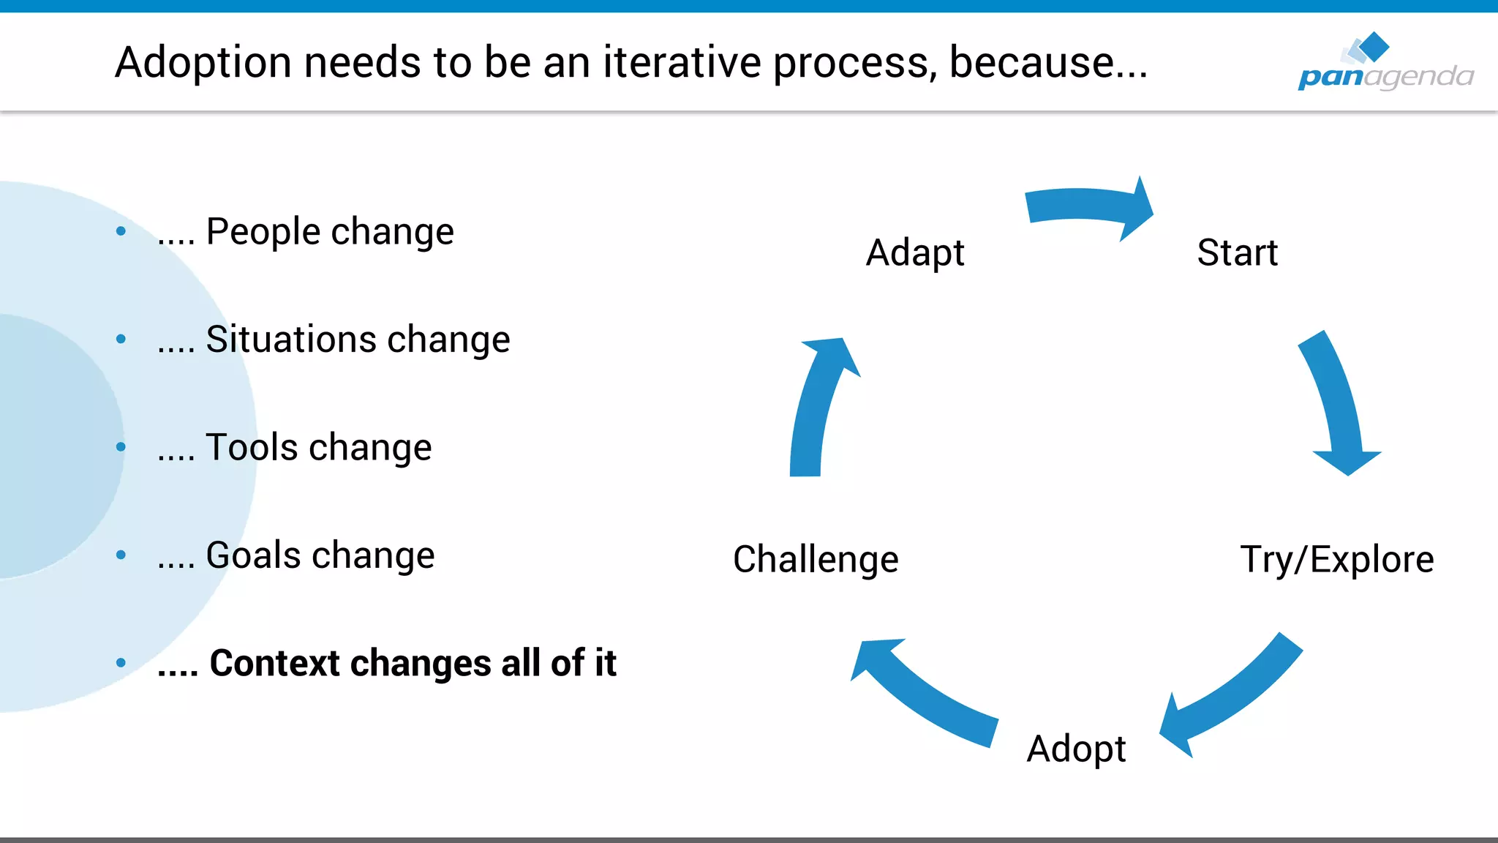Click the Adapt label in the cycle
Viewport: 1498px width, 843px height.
coord(914,253)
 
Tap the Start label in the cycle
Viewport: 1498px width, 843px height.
coord(1237,253)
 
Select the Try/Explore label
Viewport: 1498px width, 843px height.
coord(1336,560)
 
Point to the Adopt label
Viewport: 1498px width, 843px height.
coord(1076,749)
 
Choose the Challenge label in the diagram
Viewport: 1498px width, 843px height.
coord(816,560)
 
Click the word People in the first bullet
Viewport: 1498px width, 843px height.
coord(263,232)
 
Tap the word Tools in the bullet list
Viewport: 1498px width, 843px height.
coord(252,447)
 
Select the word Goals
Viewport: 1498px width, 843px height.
coord(253,555)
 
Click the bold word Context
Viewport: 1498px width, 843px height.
coord(275,663)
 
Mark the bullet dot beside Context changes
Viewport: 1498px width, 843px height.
coord(121,663)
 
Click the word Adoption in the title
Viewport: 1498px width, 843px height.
coord(203,63)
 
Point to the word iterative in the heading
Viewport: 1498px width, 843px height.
coord(681,63)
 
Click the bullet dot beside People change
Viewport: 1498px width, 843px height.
coord(121,231)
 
